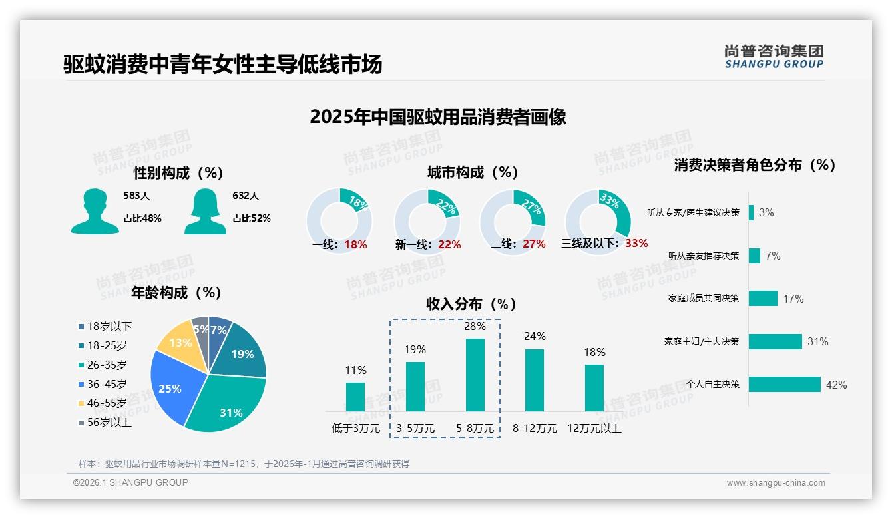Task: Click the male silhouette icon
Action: pos(95,212)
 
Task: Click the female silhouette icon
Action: pos(205,212)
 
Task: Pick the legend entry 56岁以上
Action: pos(105,422)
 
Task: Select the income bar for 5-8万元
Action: pos(475,375)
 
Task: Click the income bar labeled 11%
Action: pos(355,397)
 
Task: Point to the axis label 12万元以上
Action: pos(594,429)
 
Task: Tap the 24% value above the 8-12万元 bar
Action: pos(535,337)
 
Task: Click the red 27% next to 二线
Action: pos(534,244)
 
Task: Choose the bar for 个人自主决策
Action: pos(784,384)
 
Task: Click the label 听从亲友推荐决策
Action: pos(704,256)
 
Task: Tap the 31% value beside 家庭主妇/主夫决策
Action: pos(817,342)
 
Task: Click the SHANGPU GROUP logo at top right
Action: pos(774,57)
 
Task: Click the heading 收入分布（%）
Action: pos(471,304)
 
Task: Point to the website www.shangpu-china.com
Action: pos(776,483)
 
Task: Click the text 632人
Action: pos(245,196)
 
